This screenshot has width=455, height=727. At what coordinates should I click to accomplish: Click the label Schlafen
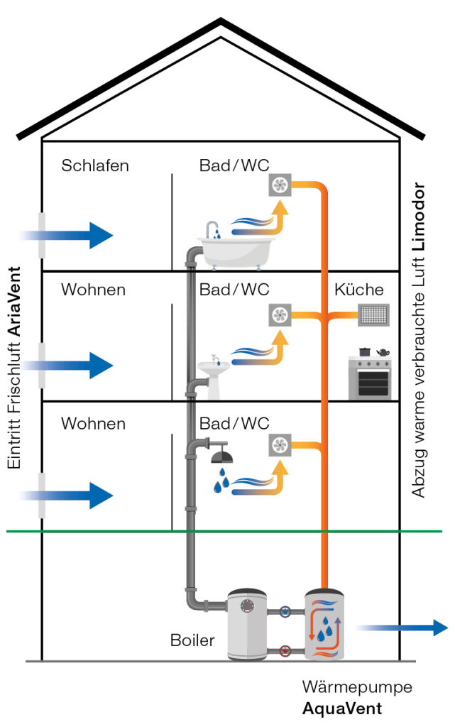[x=95, y=166]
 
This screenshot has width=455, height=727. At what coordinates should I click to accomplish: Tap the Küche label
[x=359, y=290]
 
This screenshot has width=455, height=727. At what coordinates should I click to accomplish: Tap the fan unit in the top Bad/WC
[x=280, y=187]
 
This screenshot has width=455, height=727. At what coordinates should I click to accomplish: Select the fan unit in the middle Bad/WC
[x=280, y=315]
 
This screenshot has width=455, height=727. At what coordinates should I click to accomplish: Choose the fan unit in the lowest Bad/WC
[x=280, y=445]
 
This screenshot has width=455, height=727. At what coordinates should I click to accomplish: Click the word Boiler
[x=192, y=640]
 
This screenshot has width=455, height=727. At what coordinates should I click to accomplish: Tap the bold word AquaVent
[x=342, y=709]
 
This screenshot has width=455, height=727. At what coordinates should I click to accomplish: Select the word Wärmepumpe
[x=356, y=687]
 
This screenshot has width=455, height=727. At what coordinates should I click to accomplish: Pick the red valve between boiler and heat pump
[x=285, y=650]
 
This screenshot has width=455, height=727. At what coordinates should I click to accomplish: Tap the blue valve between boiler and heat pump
[x=285, y=611]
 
